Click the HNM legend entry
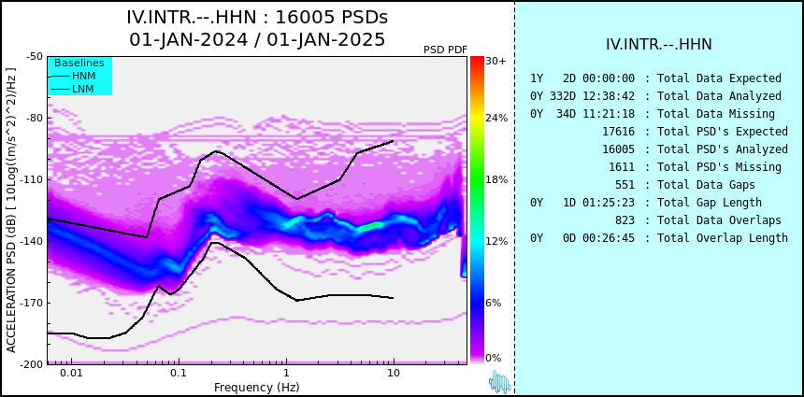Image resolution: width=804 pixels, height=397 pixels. pyautogui.click(x=73, y=77)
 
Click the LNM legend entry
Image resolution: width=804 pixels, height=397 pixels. pyautogui.click(x=73, y=89)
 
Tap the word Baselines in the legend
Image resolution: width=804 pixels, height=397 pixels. pyautogui.click(x=79, y=63)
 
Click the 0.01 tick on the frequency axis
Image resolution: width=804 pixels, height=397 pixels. pyautogui.click(x=72, y=374)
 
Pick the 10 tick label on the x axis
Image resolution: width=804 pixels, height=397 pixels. pyautogui.click(x=394, y=374)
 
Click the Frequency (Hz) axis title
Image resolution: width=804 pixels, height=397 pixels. pyautogui.click(x=256, y=387)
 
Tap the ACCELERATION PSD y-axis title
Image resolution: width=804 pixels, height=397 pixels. pyautogui.click(x=11, y=210)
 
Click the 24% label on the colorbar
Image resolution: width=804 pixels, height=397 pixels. pyautogui.click(x=496, y=119)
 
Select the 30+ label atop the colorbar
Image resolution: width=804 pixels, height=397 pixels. pyautogui.click(x=495, y=61)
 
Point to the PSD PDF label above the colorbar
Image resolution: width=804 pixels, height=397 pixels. pyautogui.click(x=446, y=50)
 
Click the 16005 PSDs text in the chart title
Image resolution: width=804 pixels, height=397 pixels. pyautogui.click(x=332, y=18)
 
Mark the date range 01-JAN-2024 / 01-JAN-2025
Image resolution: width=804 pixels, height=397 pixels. pyautogui.click(x=257, y=39)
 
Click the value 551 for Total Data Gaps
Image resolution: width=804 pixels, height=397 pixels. pyautogui.click(x=625, y=185)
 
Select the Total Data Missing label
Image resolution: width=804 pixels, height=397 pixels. pyautogui.click(x=716, y=114)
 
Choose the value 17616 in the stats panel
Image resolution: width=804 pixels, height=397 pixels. pyautogui.click(x=618, y=132)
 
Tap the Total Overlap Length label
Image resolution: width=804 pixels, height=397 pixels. pyautogui.click(x=723, y=238)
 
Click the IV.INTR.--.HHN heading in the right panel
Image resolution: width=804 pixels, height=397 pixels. pyautogui.click(x=659, y=45)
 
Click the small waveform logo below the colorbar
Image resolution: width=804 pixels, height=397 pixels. pyautogui.click(x=500, y=382)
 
